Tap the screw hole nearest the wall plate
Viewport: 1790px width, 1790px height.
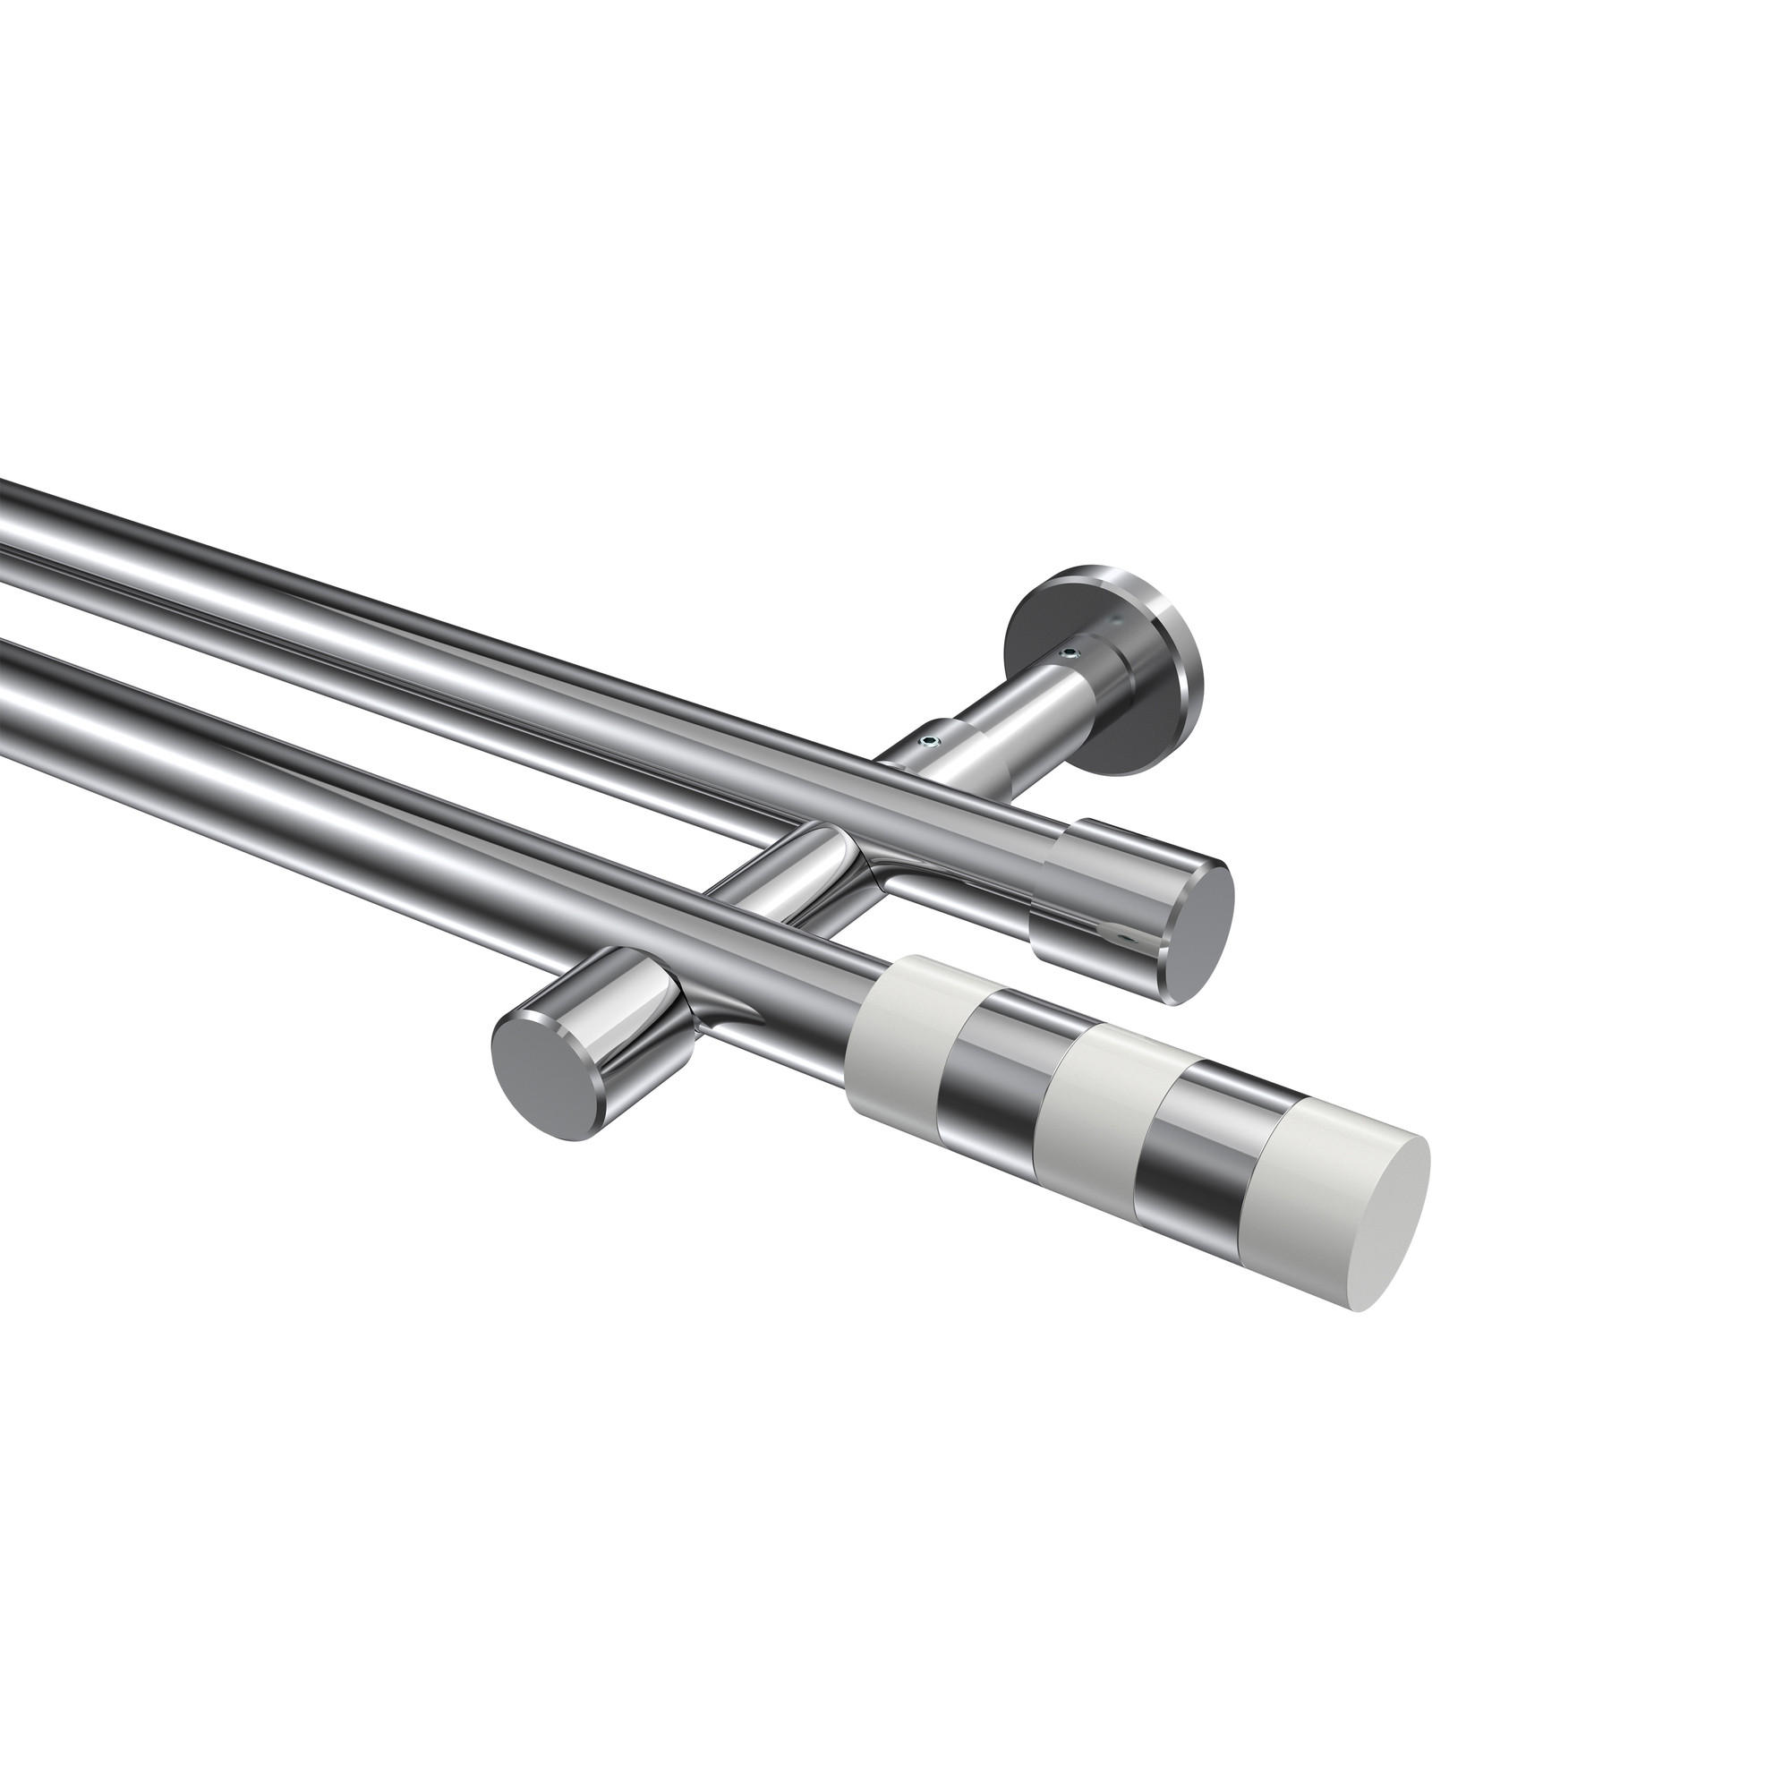pos(1071,654)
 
